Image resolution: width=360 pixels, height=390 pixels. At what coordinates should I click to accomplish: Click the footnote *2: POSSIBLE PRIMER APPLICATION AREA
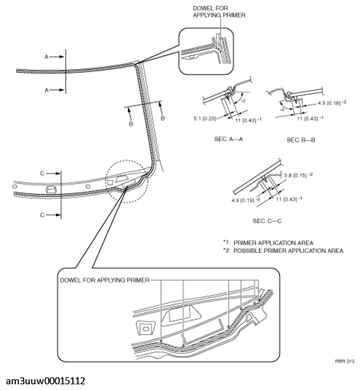click(283, 250)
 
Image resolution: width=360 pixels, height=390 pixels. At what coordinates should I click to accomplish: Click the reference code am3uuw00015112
click(43, 380)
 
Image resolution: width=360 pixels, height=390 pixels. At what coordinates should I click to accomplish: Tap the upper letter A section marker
click(46, 56)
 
